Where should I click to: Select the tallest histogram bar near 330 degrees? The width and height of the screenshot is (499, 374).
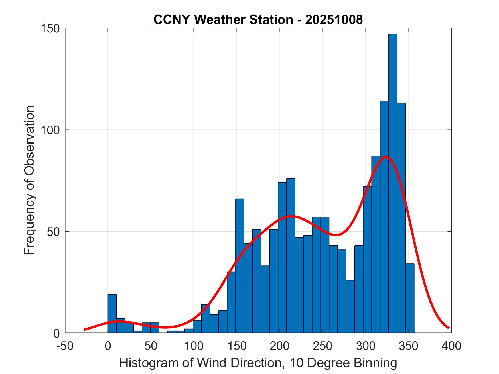pos(393,182)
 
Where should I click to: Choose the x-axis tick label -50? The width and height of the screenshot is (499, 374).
pos(65,346)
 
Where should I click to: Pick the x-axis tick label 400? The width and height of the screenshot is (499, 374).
pos(451,346)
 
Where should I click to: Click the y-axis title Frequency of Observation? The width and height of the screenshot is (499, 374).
pos(29,180)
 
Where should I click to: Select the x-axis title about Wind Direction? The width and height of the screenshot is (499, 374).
pos(258,363)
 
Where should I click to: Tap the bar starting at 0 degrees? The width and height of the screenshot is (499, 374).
pos(112,313)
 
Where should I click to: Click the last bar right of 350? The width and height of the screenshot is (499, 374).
pos(410,298)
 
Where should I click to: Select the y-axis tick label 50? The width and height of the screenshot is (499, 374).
pos(55,232)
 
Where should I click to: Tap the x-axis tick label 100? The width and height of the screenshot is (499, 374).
pos(194,346)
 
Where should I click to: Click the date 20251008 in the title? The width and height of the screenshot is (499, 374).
pos(334,20)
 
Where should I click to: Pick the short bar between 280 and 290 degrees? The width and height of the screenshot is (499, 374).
pos(350,306)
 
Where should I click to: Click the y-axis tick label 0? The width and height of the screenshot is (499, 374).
pos(58,333)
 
